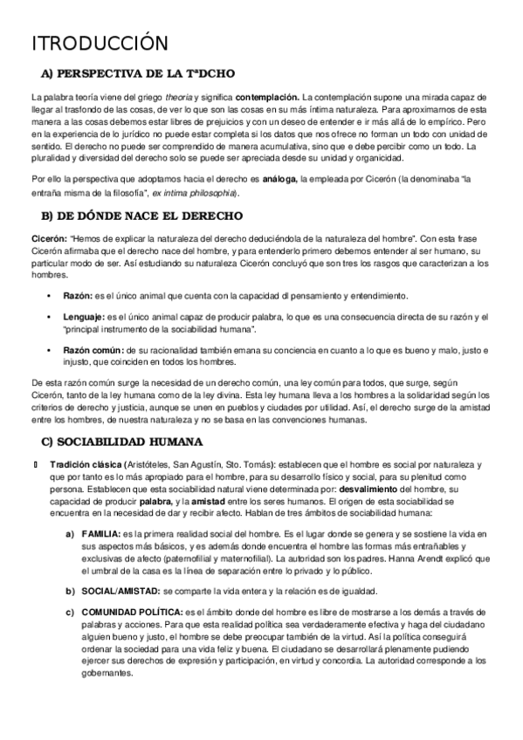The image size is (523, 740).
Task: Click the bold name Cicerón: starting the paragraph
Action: (49, 236)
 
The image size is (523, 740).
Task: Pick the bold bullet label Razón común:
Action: (86, 350)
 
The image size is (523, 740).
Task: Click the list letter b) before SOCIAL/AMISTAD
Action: (69, 591)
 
